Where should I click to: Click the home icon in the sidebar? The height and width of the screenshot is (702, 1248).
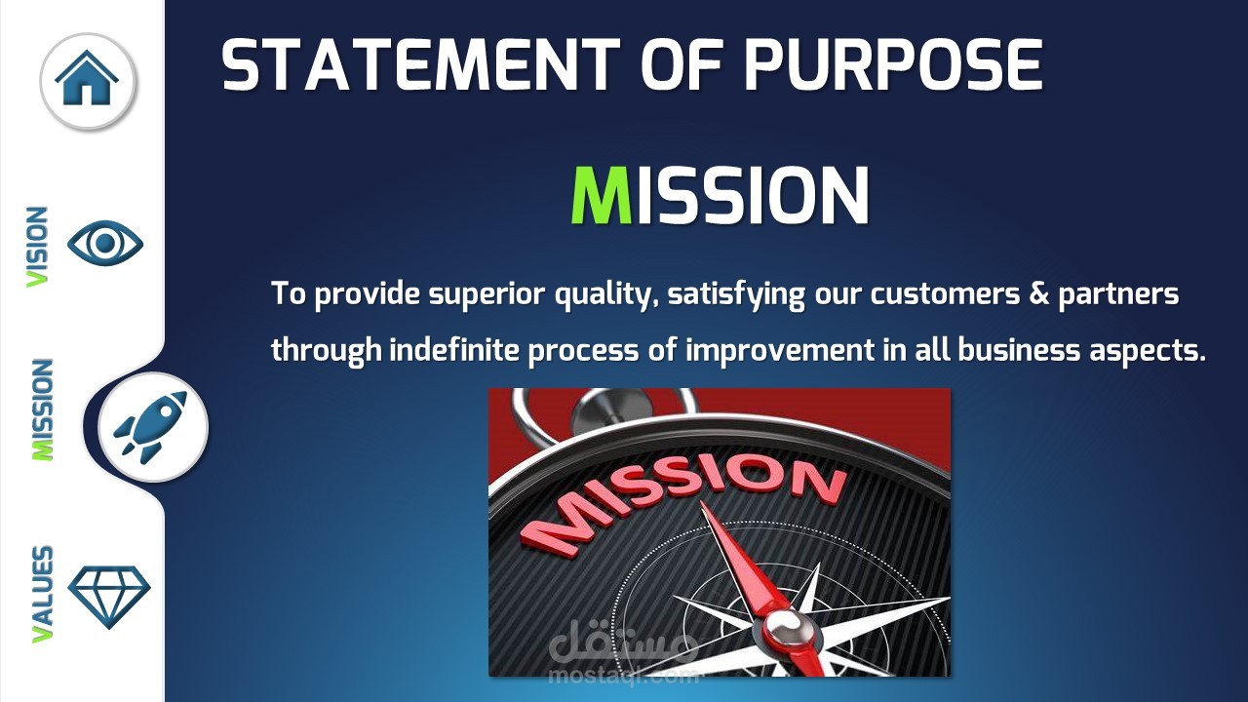pyautogui.click(x=87, y=77)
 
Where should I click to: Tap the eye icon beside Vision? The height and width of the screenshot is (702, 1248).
pyautogui.click(x=105, y=244)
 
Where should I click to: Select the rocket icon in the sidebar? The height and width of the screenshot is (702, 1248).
pyautogui.click(x=150, y=427)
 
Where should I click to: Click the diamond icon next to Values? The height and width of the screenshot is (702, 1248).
pyautogui.click(x=109, y=598)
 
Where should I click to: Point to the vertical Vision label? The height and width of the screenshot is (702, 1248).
pyautogui.click(x=37, y=248)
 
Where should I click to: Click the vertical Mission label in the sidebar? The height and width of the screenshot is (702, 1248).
pyautogui.click(x=42, y=409)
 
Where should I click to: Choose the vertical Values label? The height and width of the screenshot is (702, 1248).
pyautogui.click(x=42, y=594)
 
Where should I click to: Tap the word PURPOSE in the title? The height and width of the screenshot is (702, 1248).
pyautogui.click(x=893, y=64)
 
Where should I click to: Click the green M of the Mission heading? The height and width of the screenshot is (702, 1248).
pyautogui.click(x=602, y=196)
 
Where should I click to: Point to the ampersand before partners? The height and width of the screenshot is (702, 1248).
pyautogui.click(x=1039, y=293)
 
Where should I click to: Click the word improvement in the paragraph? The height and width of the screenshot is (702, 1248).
pyautogui.click(x=780, y=351)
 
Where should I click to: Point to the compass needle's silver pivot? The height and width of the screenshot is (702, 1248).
pyautogui.click(x=786, y=629)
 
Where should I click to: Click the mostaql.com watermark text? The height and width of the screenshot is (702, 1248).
pyautogui.click(x=623, y=676)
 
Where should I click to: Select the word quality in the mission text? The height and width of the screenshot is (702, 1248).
pyautogui.click(x=606, y=294)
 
